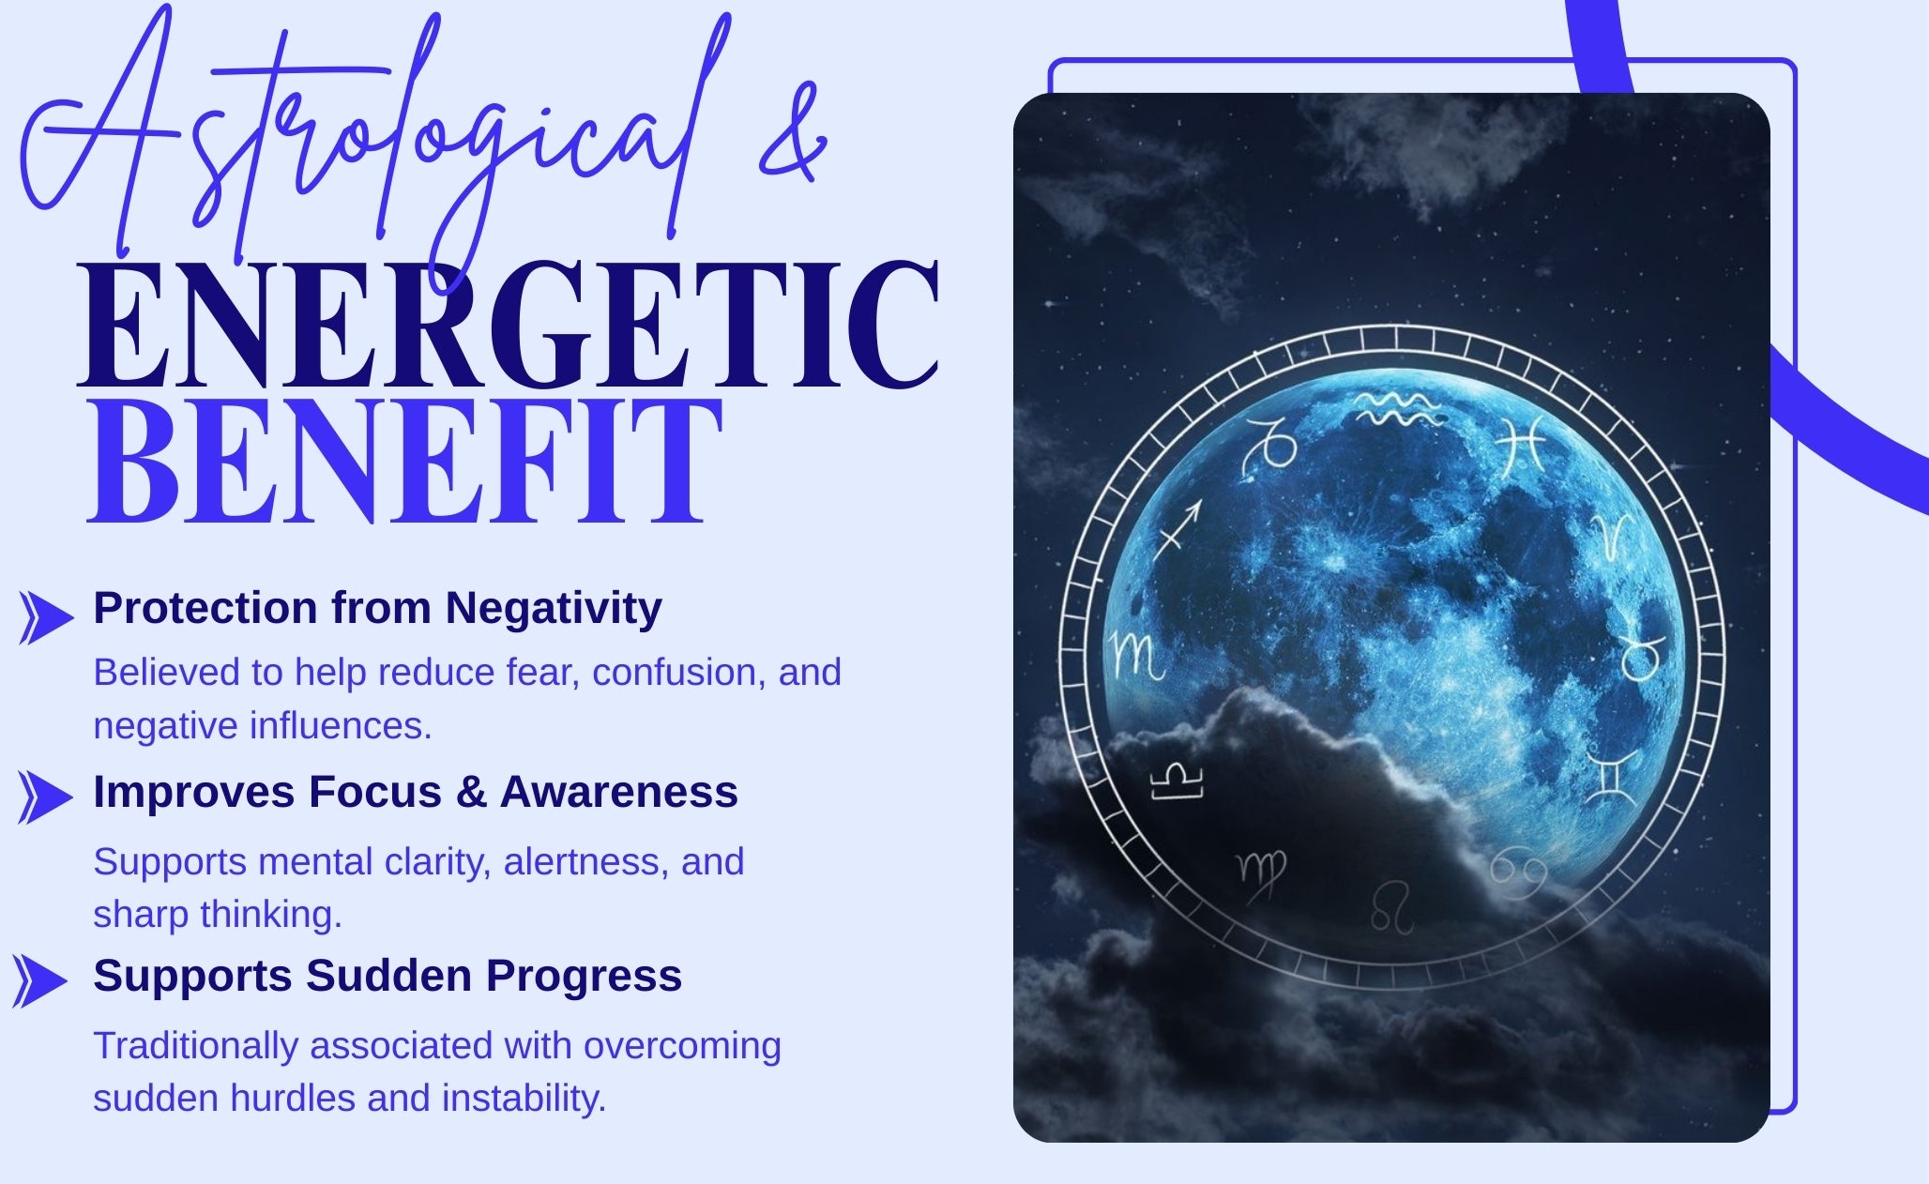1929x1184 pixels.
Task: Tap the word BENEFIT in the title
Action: pos(405,461)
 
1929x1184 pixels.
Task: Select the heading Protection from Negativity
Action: pos(377,608)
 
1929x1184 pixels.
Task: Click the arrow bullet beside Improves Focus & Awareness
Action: pos(44,797)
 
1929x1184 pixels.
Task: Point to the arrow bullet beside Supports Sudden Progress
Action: pos(39,981)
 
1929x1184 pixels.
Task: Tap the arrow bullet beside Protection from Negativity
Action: pos(46,617)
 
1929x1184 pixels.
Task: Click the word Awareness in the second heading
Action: pos(619,792)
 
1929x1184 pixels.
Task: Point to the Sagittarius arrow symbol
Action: pos(1177,529)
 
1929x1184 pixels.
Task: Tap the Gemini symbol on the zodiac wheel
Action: pos(1611,777)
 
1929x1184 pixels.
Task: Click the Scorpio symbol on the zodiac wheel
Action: pos(1137,657)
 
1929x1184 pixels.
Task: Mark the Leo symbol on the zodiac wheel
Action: pos(1392,906)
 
